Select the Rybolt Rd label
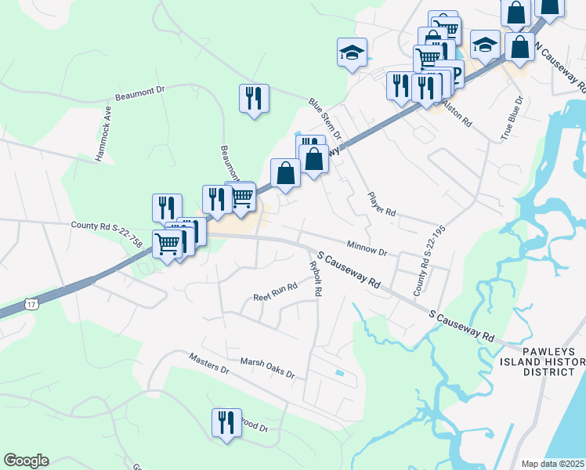[x=316, y=278]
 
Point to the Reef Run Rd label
[x=276, y=292]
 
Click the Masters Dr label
[x=208, y=363]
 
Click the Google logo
[x=26, y=461]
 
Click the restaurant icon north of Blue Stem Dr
[x=254, y=98]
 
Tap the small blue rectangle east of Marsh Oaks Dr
[x=338, y=372]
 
